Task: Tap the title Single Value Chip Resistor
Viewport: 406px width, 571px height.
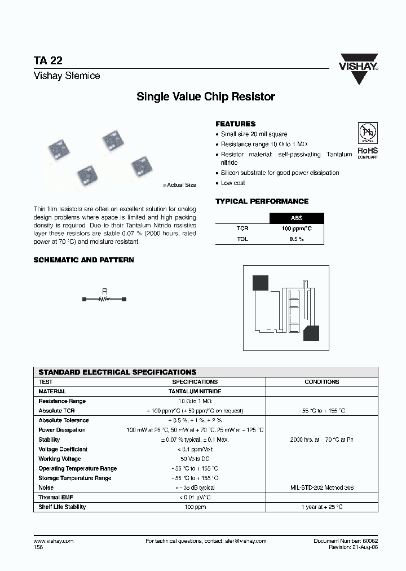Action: pos(206,96)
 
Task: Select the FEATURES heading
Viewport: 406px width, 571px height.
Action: pos(235,124)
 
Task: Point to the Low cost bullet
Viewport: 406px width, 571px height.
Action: pos(233,183)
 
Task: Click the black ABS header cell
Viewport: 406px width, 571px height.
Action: pos(297,218)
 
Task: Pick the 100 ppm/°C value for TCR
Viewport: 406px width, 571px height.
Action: pos(297,229)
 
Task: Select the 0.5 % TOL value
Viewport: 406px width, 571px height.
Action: pos(297,239)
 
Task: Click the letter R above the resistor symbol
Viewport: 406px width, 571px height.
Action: pos(104,292)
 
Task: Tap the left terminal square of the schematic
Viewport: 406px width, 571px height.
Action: pos(85,300)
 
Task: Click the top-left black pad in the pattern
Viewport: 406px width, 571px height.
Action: pos(260,282)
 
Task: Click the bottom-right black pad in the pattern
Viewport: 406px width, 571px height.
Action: pos(311,333)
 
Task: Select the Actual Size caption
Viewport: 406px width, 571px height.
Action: pos(181,185)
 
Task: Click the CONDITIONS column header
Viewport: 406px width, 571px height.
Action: pos(321,381)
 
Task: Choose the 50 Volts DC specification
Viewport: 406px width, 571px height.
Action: pos(195,459)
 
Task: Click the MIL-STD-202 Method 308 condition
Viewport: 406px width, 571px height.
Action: pos(321,487)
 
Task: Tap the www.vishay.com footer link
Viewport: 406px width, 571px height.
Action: pos(54,541)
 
